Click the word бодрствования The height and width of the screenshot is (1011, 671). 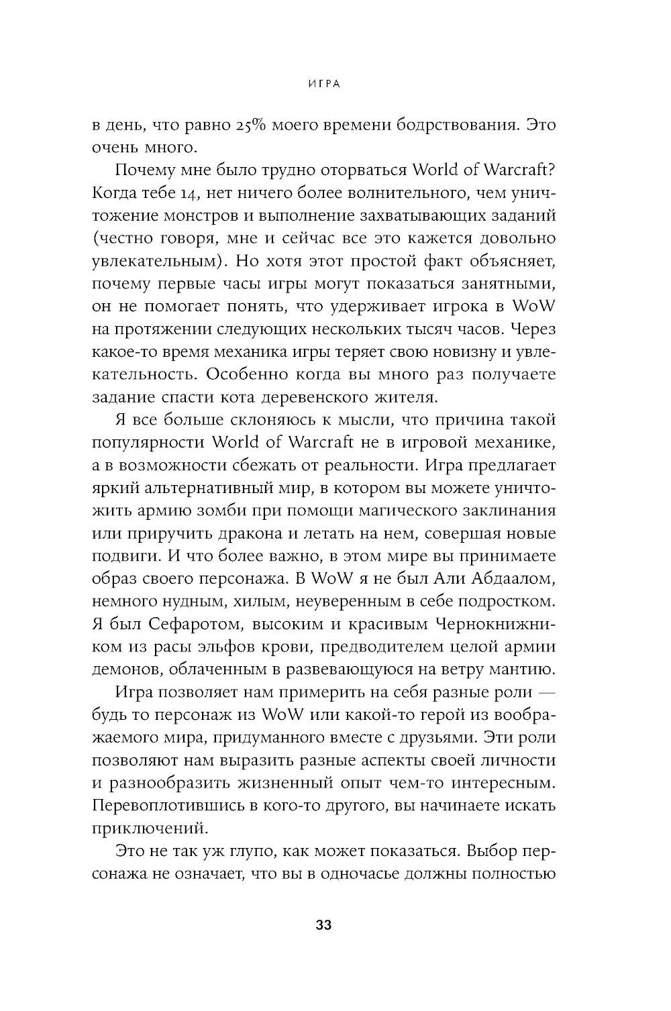(x=445, y=125)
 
